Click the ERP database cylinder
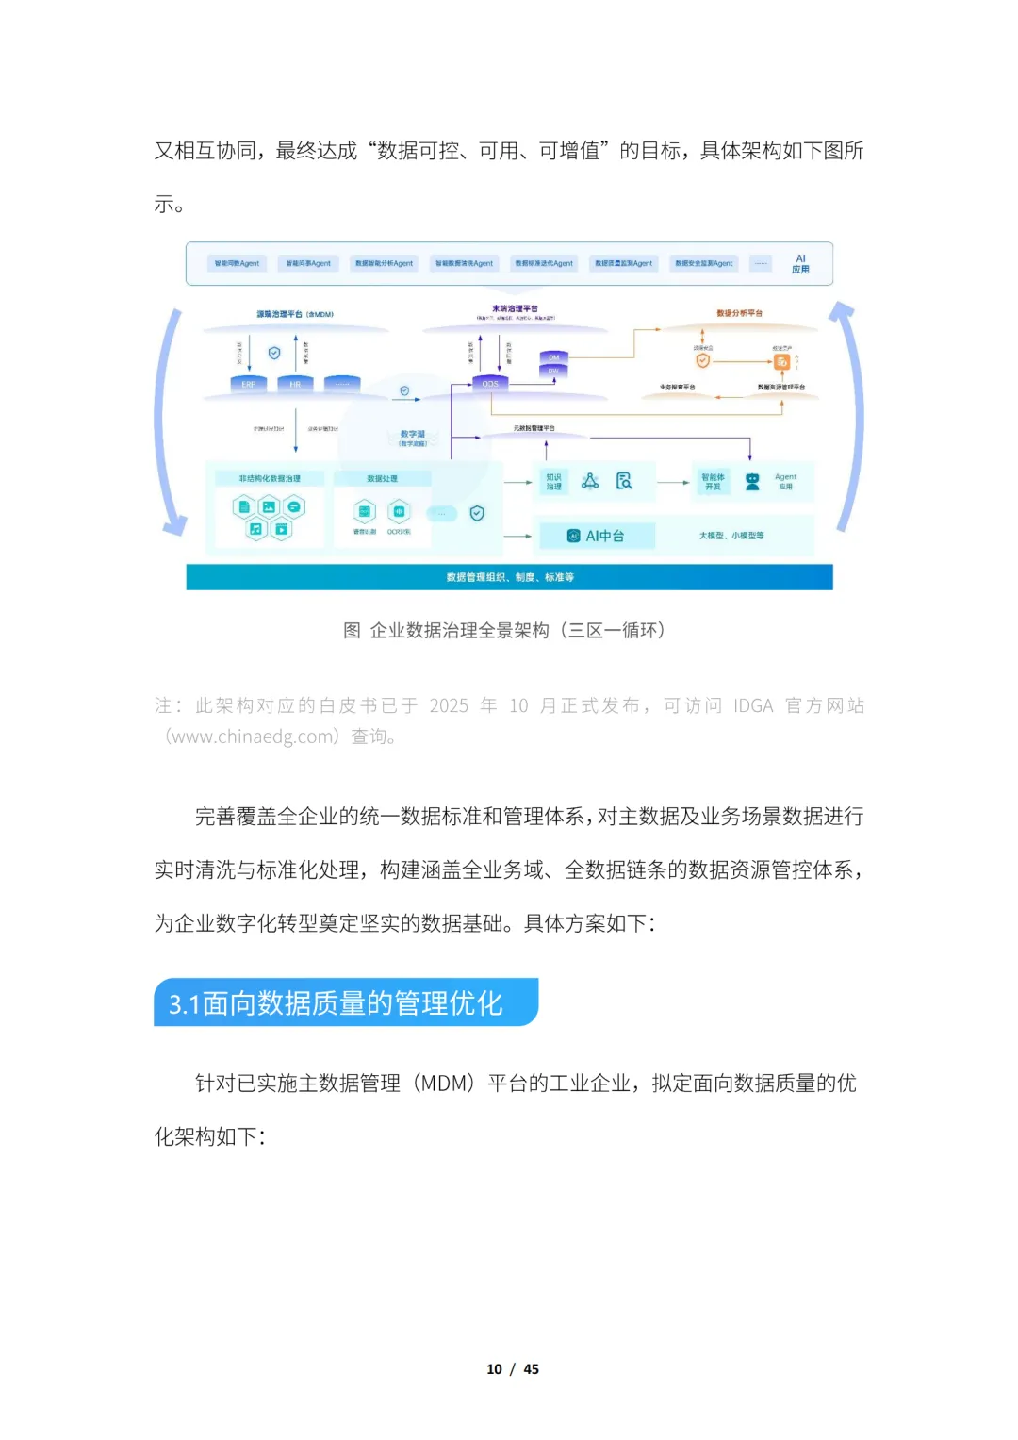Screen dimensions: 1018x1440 (249, 384)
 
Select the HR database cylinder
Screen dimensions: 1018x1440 (295, 384)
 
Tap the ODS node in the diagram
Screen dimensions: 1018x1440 (490, 384)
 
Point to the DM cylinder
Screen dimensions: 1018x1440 (553, 357)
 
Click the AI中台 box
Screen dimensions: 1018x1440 (596, 536)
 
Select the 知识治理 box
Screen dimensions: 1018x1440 (553, 482)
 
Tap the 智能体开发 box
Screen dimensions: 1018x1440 (713, 482)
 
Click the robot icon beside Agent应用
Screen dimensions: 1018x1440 (752, 482)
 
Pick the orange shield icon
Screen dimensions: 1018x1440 (702, 360)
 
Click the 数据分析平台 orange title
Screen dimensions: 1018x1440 (739, 313)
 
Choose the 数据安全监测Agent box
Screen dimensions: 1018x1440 (703, 264)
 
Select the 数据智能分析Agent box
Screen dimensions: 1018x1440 (384, 264)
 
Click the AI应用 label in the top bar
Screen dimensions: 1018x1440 (800, 264)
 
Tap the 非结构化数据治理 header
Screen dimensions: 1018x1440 (270, 479)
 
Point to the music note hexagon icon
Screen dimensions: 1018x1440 (255, 529)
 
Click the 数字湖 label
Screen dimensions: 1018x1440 (413, 435)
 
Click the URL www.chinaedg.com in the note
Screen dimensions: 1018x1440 (251, 737)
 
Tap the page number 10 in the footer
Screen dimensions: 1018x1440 (494, 1369)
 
